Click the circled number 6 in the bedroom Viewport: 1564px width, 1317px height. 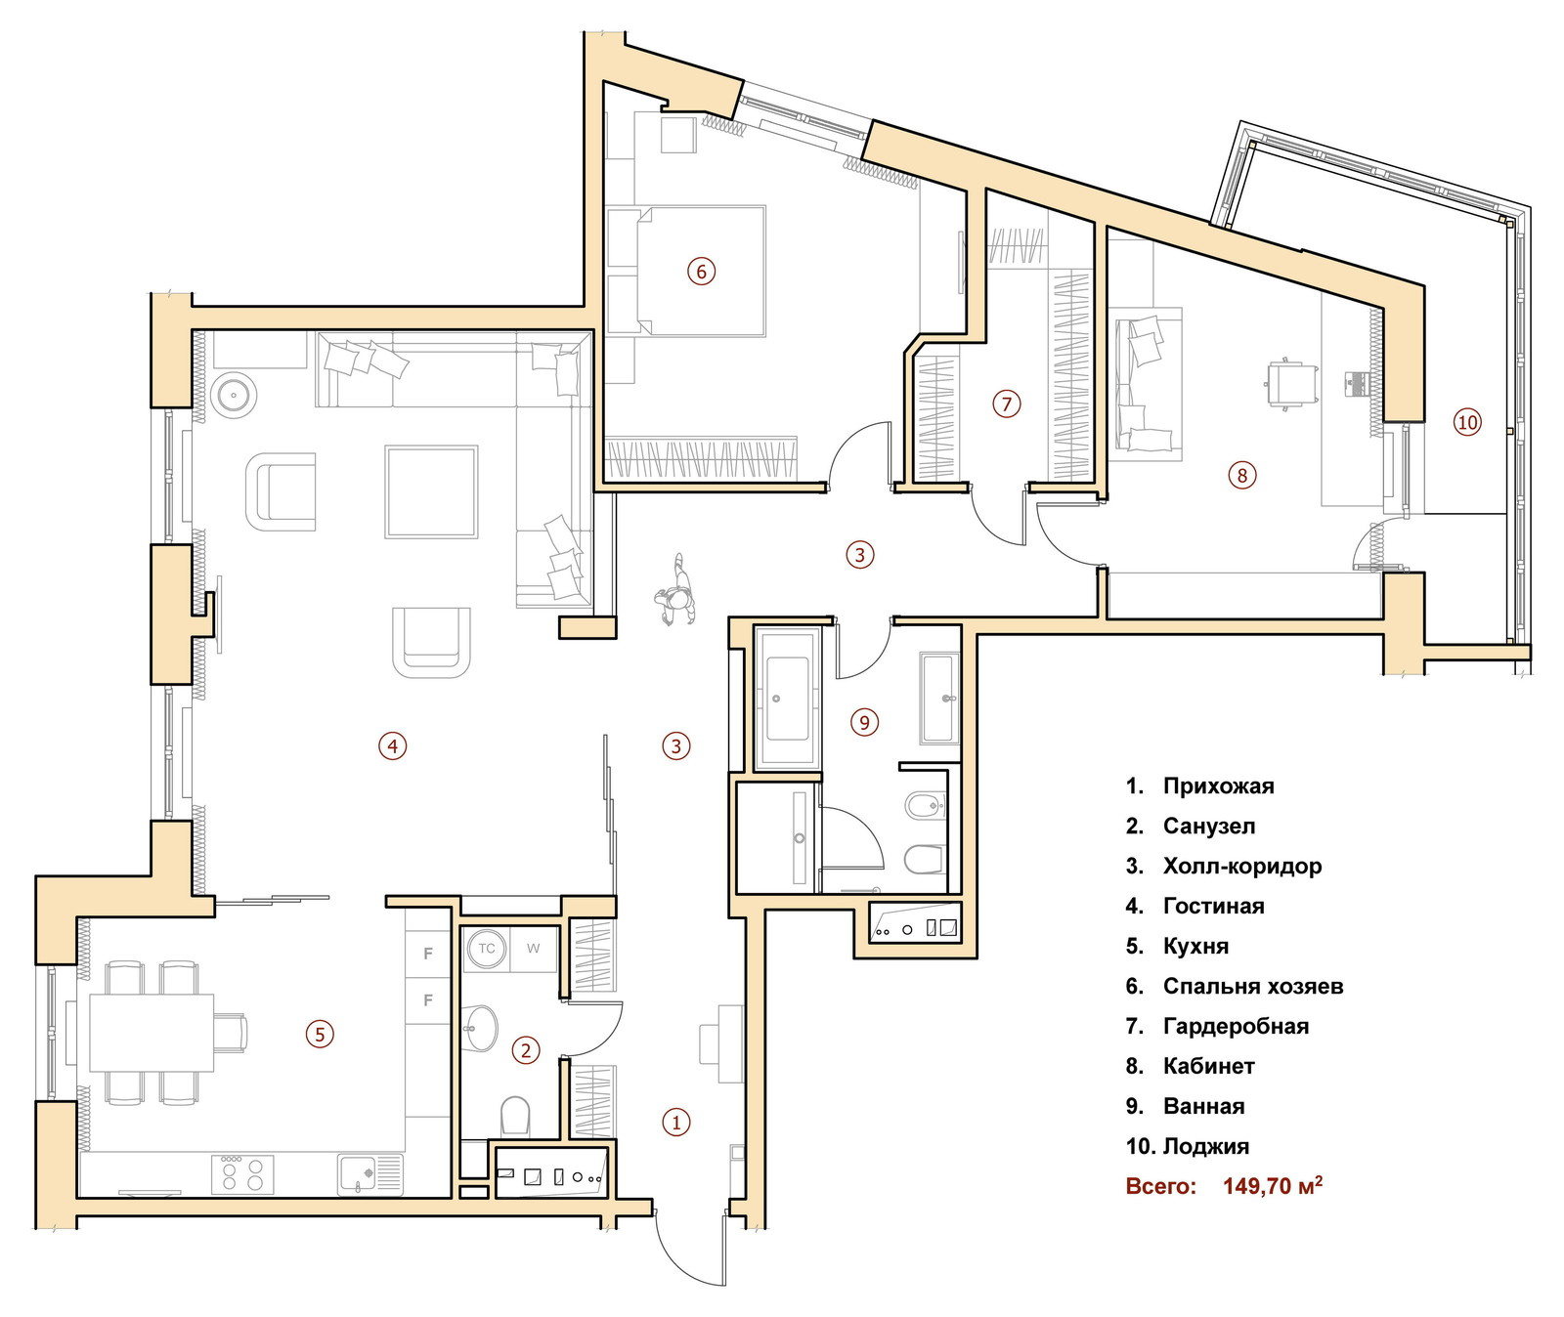click(x=701, y=271)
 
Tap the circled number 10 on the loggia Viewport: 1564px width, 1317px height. click(x=1467, y=422)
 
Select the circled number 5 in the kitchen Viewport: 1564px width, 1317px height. click(x=320, y=1034)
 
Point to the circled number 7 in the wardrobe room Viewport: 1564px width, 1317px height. click(x=1006, y=404)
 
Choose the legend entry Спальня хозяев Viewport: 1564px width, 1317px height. click(x=1252, y=986)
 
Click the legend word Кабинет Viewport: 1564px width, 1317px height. click(x=1208, y=1066)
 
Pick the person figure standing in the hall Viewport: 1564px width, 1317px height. click(x=676, y=590)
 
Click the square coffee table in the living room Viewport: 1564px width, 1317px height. click(x=431, y=492)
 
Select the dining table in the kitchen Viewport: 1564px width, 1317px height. click(x=152, y=1033)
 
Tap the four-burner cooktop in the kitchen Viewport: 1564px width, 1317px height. click(x=242, y=1174)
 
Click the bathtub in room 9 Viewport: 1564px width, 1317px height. click(x=787, y=697)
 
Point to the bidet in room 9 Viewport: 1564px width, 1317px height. click(x=925, y=806)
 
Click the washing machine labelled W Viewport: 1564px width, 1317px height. click(x=533, y=948)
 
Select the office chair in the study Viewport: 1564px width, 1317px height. click(x=1291, y=382)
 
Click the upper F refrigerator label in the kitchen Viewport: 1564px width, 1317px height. click(x=427, y=953)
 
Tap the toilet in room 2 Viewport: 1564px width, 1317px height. click(x=515, y=1115)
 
